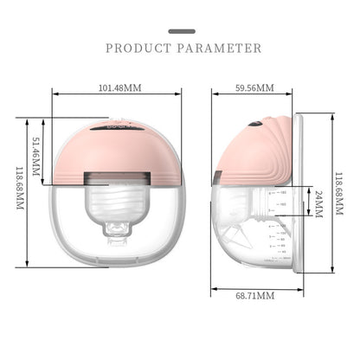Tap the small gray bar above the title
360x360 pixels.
click(x=179, y=30)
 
